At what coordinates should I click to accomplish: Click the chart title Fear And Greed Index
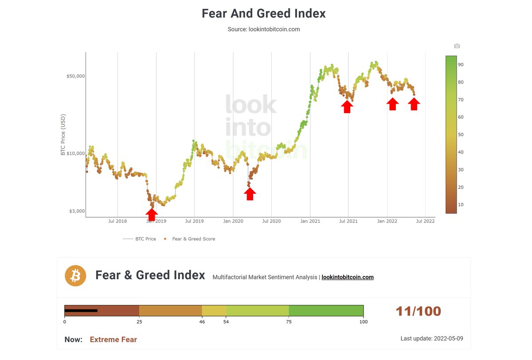point(264,13)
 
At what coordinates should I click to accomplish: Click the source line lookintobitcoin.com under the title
point(264,29)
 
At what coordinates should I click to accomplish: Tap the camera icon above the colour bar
point(457,46)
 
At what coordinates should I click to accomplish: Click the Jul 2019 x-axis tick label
point(194,221)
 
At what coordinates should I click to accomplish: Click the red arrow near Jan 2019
point(152,215)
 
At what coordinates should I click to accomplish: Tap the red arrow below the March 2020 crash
point(250,194)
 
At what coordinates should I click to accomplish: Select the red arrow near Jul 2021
point(347,106)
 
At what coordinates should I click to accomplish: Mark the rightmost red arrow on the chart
point(414,104)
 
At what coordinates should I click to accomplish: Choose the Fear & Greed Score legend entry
point(193,239)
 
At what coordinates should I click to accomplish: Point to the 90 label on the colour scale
point(461,65)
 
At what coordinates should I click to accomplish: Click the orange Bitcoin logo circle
point(75,276)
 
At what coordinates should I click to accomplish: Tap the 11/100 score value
point(418,311)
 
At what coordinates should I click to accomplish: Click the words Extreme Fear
point(113,340)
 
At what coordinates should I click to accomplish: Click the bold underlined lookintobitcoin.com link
point(348,278)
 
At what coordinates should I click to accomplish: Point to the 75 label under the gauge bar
point(289,322)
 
